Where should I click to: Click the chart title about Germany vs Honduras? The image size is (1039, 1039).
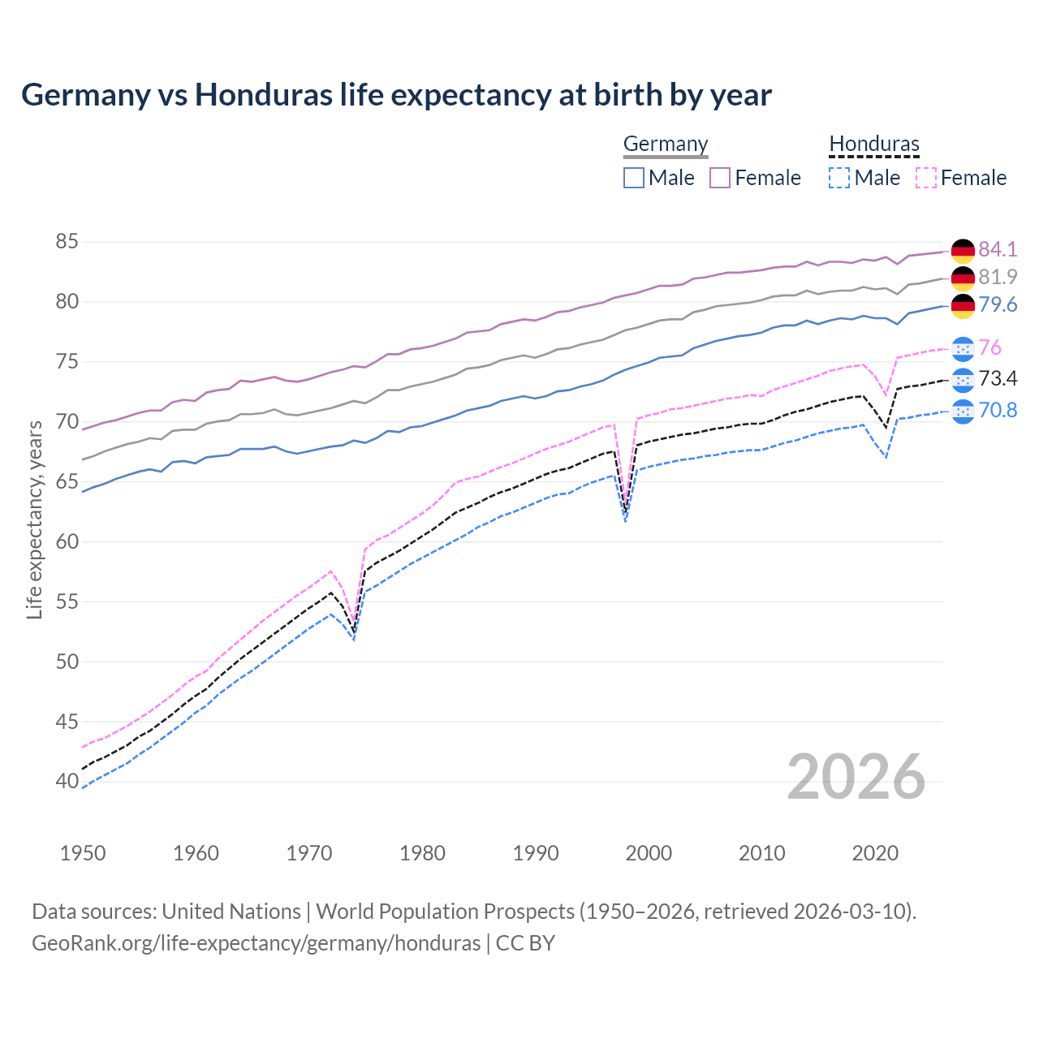click(396, 95)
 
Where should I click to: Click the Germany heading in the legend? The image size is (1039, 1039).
click(666, 144)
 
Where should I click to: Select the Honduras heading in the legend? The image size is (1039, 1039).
click(874, 144)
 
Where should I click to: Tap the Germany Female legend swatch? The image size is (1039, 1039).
click(720, 178)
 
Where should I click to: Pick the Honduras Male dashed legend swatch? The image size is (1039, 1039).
click(839, 178)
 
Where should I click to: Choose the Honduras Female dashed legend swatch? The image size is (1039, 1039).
click(926, 178)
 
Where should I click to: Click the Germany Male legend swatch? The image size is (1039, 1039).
click(634, 178)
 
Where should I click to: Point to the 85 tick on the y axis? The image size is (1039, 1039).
click(67, 242)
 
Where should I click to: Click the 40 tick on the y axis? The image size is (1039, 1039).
click(67, 782)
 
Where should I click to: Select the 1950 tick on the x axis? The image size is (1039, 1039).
click(83, 853)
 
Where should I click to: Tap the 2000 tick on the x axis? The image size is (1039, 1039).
click(649, 853)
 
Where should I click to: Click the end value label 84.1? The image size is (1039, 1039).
click(998, 249)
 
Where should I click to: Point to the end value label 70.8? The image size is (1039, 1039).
click(998, 411)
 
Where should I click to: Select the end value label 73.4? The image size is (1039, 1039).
click(998, 379)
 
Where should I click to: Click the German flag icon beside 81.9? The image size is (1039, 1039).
click(963, 278)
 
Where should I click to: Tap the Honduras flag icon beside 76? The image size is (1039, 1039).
click(963, 348)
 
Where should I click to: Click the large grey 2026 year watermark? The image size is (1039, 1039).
click(856, 777)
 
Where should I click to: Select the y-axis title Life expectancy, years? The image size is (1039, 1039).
click(34, 519)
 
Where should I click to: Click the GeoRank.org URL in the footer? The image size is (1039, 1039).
click(256, 943)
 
